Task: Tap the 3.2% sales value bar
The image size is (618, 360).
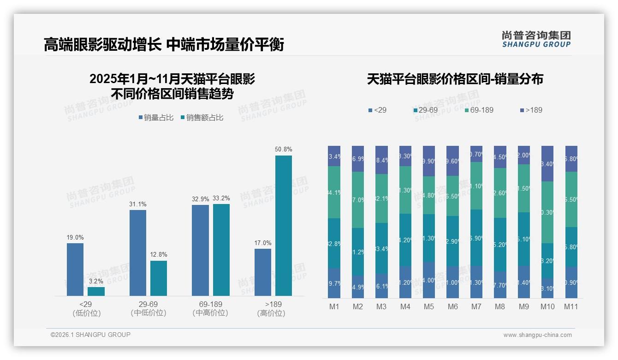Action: click(x=96, y=291)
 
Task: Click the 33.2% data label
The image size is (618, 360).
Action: click(x=221, y=198)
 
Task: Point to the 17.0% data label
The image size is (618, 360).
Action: click(x=262, y=243)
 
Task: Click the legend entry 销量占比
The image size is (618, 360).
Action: click(x=156, y=118)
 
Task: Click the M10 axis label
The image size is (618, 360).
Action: click(x=547, y=306)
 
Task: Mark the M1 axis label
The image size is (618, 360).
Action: click(x=334, y=306)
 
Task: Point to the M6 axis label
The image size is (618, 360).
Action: click(x=452, y=306)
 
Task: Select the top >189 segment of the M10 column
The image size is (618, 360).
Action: click(x=547, y=163)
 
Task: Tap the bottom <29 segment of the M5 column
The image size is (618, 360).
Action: click(x=428, y=280)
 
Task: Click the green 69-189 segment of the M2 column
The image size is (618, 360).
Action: click(x=358, y=200)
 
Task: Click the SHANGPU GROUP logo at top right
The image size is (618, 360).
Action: click(x=536, y=39)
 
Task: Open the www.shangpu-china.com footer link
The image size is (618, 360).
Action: click(x=537, y=335)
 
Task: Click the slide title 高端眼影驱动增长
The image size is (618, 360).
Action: click(x=102, y=44)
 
